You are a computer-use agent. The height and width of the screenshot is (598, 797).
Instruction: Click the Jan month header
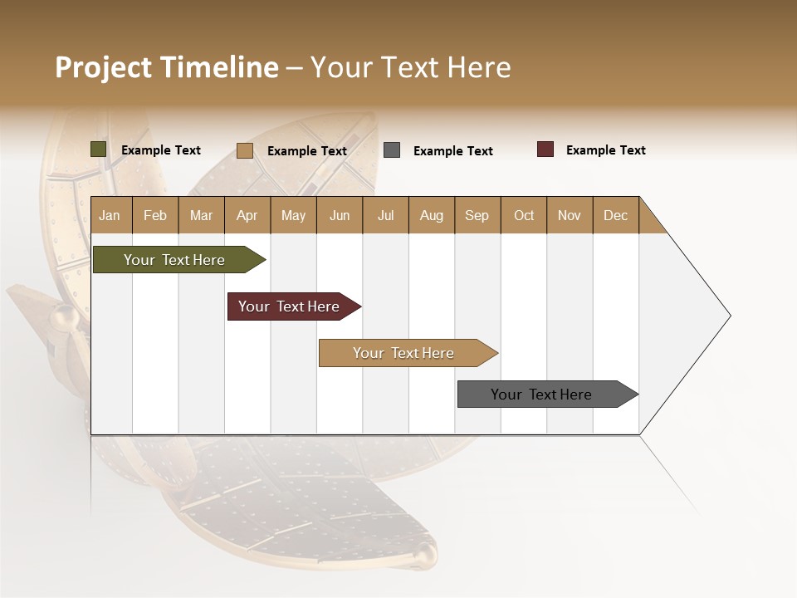coord(110,215)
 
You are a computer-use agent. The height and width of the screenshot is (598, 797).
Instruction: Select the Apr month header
coord(247,215)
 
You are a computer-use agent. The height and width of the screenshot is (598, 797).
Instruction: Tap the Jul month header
coord(385,215)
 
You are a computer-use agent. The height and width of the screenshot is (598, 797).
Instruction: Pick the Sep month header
coord(477,215)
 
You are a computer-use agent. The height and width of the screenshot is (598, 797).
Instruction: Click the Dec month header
coord(615,215)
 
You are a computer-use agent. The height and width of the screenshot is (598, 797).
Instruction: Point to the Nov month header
coord(569,215)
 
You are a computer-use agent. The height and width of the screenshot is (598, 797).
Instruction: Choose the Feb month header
coord(155,215)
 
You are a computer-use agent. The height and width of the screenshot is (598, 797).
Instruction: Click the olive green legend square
coord(99,149)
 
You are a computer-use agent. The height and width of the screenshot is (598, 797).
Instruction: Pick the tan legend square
coord(244,150)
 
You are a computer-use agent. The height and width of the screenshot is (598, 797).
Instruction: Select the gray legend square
coord(392,150)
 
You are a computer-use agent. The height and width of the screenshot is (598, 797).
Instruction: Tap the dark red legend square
coord(545,149)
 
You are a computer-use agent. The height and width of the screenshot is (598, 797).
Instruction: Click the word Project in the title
coord(103,67)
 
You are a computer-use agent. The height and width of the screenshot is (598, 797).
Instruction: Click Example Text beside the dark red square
coord(605,150)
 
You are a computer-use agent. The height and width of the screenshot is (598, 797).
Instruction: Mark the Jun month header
coord(340,215)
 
